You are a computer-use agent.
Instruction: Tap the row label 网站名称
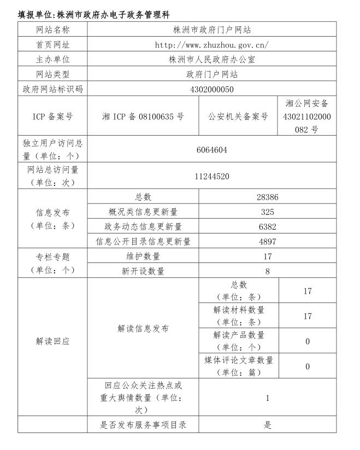(53, 30)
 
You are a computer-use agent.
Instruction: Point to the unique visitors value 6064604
(212, 149)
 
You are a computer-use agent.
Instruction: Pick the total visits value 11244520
(212, 177)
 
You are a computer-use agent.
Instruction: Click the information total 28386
(268, 197)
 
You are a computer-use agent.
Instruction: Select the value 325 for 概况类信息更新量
(268, 212)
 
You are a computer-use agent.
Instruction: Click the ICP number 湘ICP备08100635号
(143, 116)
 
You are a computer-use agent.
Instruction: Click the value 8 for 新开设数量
(268, 271)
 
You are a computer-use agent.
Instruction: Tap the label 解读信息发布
(143, 329)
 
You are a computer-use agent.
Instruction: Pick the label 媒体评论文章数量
(239, 366)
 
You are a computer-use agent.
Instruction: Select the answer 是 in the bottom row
(268, 425)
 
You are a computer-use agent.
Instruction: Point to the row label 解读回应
(53, 341)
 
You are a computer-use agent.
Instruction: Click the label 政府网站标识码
(53, 89)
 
